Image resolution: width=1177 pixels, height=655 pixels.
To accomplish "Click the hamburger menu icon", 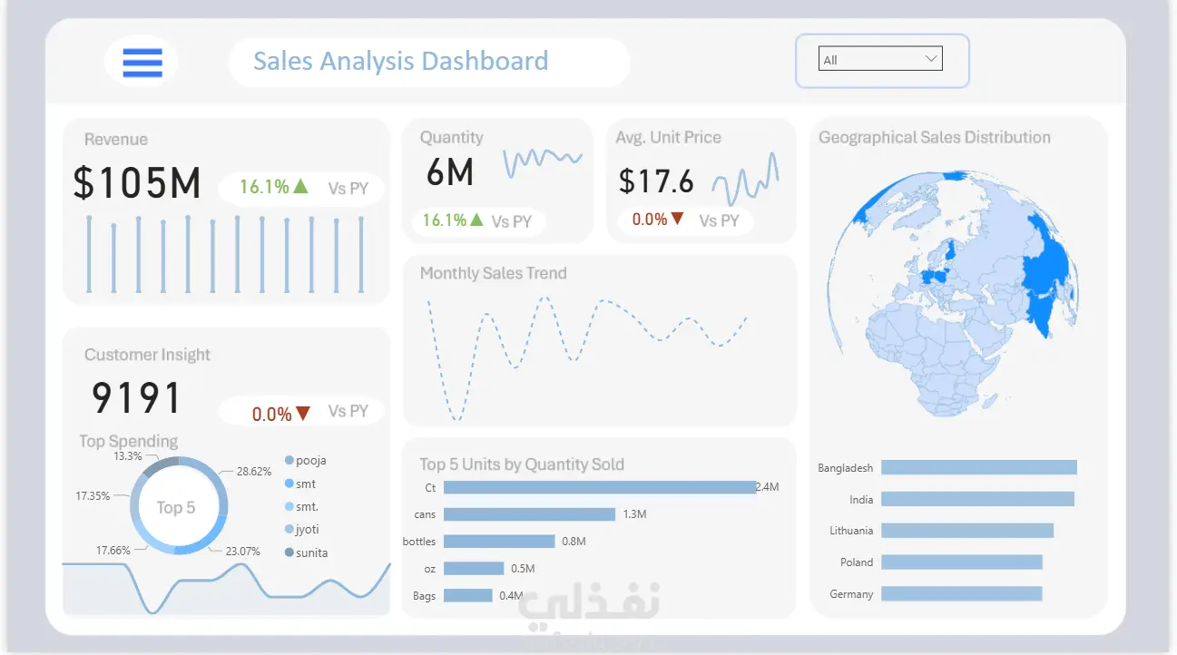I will coord(142,62).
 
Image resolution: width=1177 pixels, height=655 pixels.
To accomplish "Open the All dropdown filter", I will coord(880,60).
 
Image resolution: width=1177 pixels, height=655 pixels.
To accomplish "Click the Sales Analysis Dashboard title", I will coord(400,62).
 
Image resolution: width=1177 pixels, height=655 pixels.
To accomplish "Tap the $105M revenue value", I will coord(137,183).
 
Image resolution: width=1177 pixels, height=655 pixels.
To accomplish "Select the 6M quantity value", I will coord(450,171).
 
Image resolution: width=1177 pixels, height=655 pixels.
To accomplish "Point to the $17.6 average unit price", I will coord(656,181).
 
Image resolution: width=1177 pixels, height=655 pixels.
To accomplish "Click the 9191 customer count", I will coord(137,398).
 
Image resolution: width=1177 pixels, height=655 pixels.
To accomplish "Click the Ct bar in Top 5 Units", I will coord(599,487).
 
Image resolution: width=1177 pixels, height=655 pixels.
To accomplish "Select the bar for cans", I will coord(529,514).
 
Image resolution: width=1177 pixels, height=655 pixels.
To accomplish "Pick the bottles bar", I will coord(499,542).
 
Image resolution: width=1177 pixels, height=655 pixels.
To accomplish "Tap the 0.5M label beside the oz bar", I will coord(523,569).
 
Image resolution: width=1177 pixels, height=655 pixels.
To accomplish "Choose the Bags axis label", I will coord(424,596).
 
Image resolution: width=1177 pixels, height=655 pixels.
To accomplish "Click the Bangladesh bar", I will coord(978,467).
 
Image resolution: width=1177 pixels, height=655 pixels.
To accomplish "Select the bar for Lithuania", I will coord(966,531).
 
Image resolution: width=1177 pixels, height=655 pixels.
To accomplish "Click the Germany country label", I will coord(851,594).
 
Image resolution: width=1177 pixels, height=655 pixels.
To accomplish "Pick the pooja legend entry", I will coord(310,461).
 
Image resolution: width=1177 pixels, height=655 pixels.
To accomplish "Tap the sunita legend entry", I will coord(311,552).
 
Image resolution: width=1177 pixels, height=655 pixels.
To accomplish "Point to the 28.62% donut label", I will coord(254,472).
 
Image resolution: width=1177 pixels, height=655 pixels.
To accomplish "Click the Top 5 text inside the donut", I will coord(176,508).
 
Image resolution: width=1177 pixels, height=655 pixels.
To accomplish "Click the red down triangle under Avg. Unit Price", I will coord(676,219).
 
